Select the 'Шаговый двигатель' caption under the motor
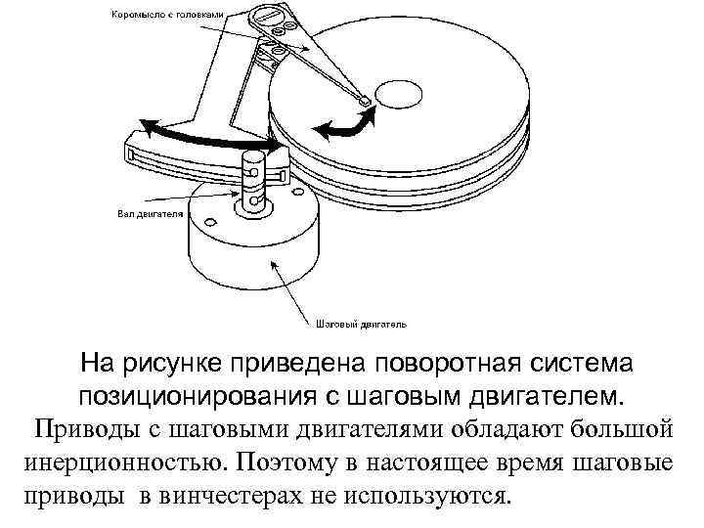click(362, 322)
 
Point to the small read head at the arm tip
click(364, 99)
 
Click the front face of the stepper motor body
click(244, 269)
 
